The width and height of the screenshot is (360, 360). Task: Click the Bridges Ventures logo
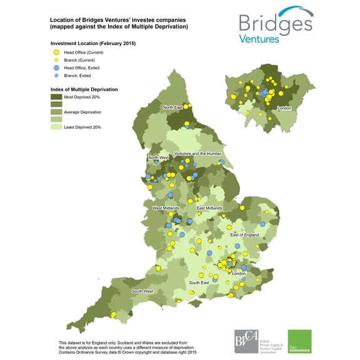[x=275, y=26]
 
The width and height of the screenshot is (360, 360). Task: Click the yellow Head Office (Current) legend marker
[x=57, y=52]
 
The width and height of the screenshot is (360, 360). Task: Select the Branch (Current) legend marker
[x=57, y=59]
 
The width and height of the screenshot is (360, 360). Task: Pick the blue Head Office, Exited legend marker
[x=57, y=67]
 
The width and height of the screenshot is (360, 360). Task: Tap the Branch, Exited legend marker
[x=57, y=74]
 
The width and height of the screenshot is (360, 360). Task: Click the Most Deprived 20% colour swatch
[x=57, y=97]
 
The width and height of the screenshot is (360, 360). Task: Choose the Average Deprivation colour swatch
[x=57, y=112]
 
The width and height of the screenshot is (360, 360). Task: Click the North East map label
[x=174, y=107]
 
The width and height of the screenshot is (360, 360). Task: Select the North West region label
[x=158, y=157]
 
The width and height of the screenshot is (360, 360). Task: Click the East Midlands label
[x=208, y=207]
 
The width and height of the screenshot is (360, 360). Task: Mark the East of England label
[x=245, y=234]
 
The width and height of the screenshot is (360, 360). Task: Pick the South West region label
[x=142, y=291]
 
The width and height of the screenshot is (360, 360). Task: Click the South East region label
[x=199, y=283]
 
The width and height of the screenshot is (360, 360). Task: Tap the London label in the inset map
[x=284, y=108]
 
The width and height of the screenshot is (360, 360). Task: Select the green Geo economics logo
[x=299, y=342]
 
